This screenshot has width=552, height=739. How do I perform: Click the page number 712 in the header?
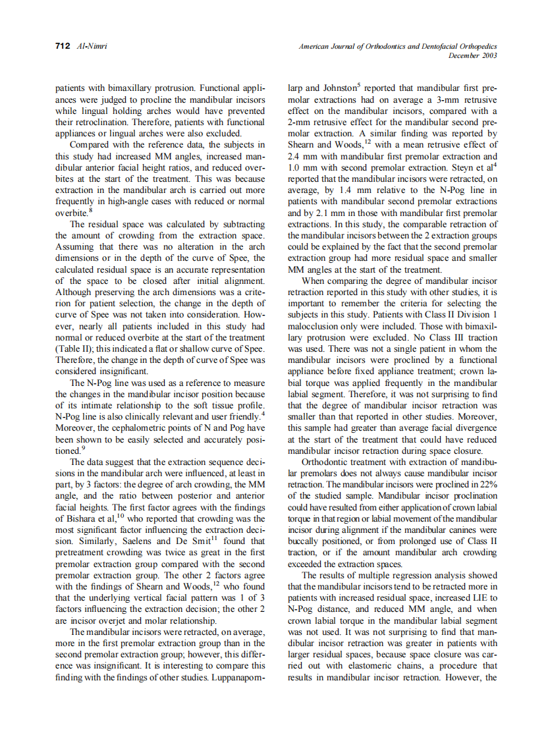(63, 46)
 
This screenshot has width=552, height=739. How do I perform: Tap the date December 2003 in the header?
(472, 55)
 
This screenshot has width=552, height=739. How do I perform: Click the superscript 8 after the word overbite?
(90, 210)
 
